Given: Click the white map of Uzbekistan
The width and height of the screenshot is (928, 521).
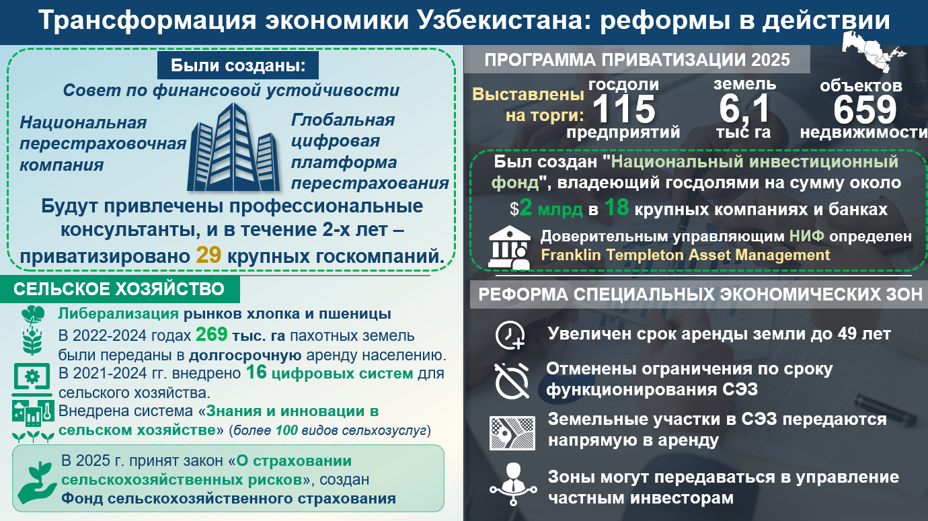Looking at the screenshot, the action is [x=872, y=52].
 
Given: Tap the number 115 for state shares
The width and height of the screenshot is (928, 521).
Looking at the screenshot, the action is [x=624, y=109].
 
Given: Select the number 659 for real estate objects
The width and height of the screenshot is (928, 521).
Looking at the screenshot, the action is [x=865, y=110].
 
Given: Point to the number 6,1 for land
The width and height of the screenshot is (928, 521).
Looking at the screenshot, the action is [x=744, y=109].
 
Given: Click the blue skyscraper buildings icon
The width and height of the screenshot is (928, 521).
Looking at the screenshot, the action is [x=233, y=147].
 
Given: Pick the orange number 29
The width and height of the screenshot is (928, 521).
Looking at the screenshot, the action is [x=208, y=255].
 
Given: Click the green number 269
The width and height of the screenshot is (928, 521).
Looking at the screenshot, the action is [x=211, y=334].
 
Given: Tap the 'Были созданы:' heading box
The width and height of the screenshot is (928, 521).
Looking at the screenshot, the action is [x=238, y=65].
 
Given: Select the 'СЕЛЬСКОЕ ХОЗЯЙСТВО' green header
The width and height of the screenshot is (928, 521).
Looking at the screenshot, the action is [x=119, y=289].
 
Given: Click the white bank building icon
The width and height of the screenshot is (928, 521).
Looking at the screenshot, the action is [x=509, y=248].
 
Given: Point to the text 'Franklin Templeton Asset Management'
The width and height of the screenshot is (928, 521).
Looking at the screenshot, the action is [x=685, y=255].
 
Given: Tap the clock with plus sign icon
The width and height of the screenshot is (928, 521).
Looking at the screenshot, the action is [x=510, y=335].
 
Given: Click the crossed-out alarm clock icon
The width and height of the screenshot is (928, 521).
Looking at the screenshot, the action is [x=512, y=380].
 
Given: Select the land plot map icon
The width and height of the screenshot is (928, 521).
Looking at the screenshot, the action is [x=512, y=433].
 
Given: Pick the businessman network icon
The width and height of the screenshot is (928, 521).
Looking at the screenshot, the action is [x=513, y=485].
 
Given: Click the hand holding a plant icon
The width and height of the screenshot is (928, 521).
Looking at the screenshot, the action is [x=36, y=483].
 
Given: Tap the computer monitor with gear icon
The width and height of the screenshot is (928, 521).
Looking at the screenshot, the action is [x=32, y=380].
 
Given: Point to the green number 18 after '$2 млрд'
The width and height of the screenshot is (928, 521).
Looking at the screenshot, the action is [x=617, y=208].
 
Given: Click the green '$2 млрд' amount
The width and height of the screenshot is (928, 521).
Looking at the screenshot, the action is [x=546, y=208].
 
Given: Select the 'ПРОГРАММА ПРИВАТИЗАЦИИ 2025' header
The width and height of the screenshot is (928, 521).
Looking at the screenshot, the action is [x=637, y=60].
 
